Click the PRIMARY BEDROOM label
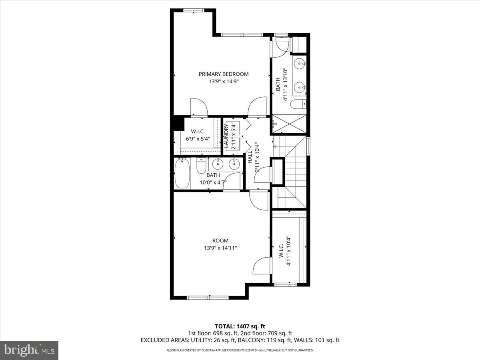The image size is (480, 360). [224, 74]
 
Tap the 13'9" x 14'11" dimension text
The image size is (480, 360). [220, 248]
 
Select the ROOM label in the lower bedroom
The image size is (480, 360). [220, 240]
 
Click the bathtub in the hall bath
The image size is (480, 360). [182, 173]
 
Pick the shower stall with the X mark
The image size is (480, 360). [289, 124]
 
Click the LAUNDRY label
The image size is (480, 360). [226, 136]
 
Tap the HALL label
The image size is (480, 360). [250, 157]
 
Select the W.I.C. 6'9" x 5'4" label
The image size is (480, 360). [198, 135]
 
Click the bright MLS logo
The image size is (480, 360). [29, 350]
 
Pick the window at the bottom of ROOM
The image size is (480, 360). [208, 297]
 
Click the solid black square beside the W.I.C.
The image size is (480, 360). [177, 123]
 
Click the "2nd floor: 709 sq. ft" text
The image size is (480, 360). [266, 333]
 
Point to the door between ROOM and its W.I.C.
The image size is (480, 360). [263, 266]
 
